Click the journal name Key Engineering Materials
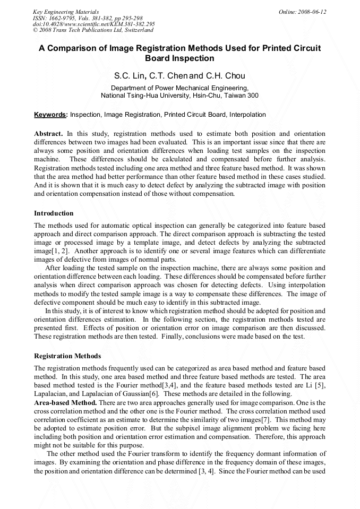pos(66,12)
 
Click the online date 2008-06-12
pos(302,12)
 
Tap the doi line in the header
pos(93,24)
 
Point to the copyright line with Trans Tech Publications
pos(93,30)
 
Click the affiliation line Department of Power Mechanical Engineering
pos(179,88)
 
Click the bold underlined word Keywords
pos(50,115)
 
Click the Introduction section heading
pos(54,213)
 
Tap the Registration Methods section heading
pos(67,356)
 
